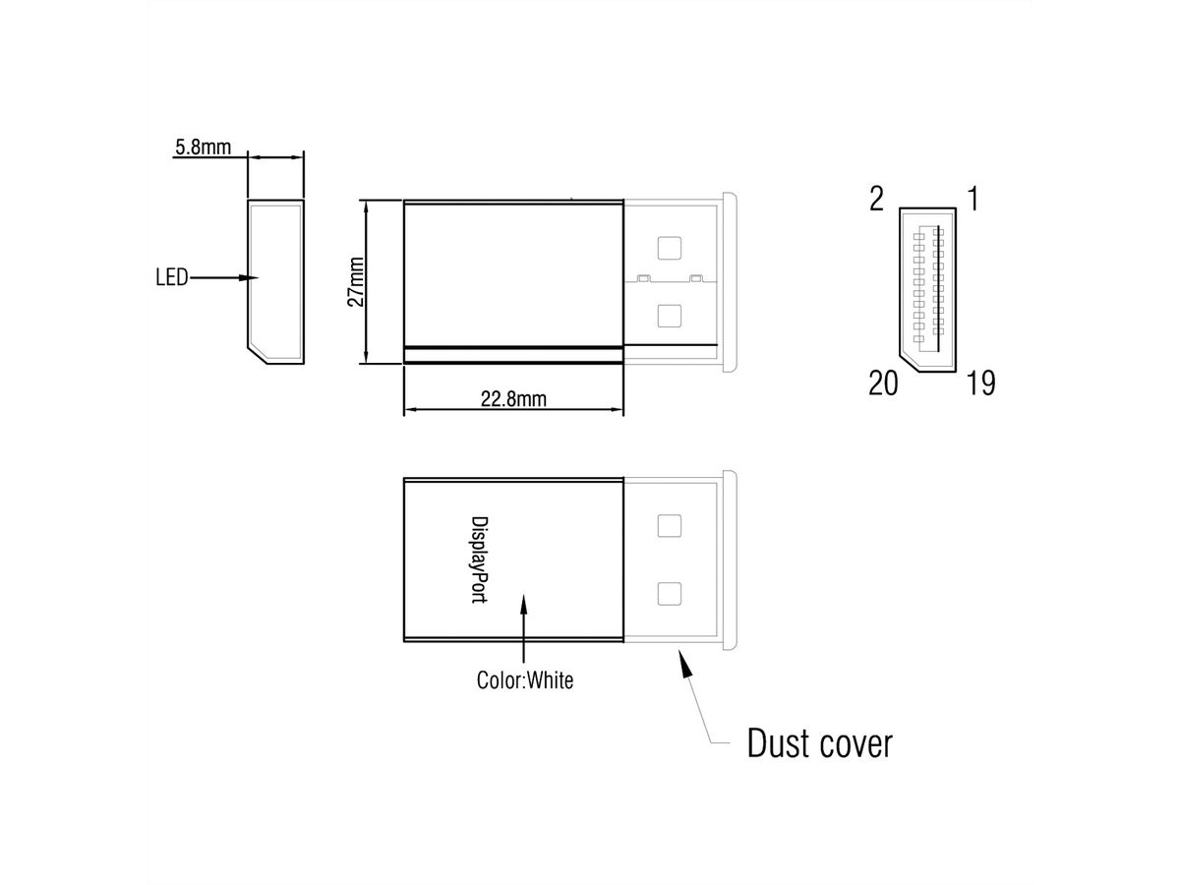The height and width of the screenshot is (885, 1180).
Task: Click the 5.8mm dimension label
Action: click(x=203, y=148)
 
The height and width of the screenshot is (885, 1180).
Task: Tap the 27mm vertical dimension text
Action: click(x=356, y=282)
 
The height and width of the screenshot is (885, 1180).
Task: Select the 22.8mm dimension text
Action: click(x=513, y=398)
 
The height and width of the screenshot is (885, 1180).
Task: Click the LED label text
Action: click(x=171, y=278)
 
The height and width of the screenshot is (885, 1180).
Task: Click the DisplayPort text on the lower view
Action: click(x=479, y=560)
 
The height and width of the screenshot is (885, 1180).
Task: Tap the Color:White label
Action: click(x=524, y=679)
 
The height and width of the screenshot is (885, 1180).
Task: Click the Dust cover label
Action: click(x=819, y=742)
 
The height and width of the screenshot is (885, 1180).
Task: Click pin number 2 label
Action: click(x=877, y=200)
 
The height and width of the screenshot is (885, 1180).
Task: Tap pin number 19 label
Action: click(x=979, y=383)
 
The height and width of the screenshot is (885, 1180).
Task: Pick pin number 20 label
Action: click(x=883, y=383)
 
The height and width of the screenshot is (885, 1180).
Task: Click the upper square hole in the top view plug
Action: click(x=670, y=247)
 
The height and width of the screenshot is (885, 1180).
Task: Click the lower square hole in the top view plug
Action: click(x=670, y=316)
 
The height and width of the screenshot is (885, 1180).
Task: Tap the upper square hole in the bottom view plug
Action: click(x=670, y=525)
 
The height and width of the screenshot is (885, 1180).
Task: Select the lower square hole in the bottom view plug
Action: click(x=670, y=594)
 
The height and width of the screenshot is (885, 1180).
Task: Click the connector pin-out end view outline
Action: click(x=927, y=290)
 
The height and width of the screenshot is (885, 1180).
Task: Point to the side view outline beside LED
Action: click(x=274, y=281)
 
